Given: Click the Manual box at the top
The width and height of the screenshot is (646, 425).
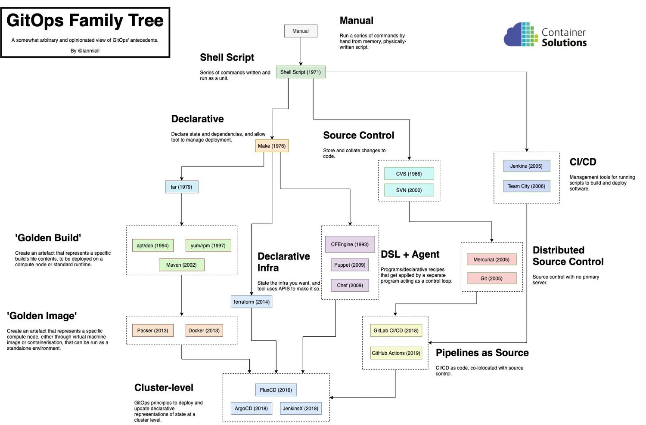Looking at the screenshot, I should pyautogui.click(x=301, y=31).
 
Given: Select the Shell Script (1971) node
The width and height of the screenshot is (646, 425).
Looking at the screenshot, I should pyautogui.click(x=301, y=72).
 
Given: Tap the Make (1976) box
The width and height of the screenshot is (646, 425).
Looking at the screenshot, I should pyautogui.click(x=272, y=146).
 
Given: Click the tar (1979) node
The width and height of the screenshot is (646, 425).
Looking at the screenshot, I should pyautogui.click(x=181, y=187).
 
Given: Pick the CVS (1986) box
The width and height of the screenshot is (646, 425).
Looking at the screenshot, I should pyautogui.click(x=409, y=174).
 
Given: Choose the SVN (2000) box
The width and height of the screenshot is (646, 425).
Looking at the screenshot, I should pyautogui.click(x=409, y=190).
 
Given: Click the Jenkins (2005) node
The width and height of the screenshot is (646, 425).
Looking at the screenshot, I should pyautogui.click(x=526, y=166).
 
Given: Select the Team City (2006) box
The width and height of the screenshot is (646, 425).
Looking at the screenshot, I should pyautogui.click(x=526, y=186).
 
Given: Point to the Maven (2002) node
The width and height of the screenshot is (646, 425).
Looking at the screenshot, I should pyautogui.click(x=181, y=265).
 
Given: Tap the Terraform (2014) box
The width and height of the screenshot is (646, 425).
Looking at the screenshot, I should pyautogui.click(x=251, y=302).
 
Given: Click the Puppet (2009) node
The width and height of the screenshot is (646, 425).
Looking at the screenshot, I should pyautogui.click(x=350, y=265).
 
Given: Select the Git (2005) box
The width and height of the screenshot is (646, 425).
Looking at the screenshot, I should pyautogui.click(x=491, y=278).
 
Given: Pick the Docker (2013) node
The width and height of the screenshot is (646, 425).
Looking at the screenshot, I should pyautogui.click(x=204, y=331).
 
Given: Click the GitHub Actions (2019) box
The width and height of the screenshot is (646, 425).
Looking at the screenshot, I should pyautogui.click(x=396, y=353).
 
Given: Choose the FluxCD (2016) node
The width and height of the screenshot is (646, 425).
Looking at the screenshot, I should pyautogui.click(x=276, y=390).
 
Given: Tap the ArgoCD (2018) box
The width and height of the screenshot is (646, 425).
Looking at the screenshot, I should pyautogui.click(x=251, y=409).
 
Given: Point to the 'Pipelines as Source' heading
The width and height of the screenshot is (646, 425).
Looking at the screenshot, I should pyautogui.click(x=482, y=353).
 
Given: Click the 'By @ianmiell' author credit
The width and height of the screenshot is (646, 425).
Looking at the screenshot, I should pyautogui.click(x=85, y=51).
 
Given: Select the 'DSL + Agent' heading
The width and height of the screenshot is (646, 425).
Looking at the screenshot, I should pyautogui.click(x=410, y=254).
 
